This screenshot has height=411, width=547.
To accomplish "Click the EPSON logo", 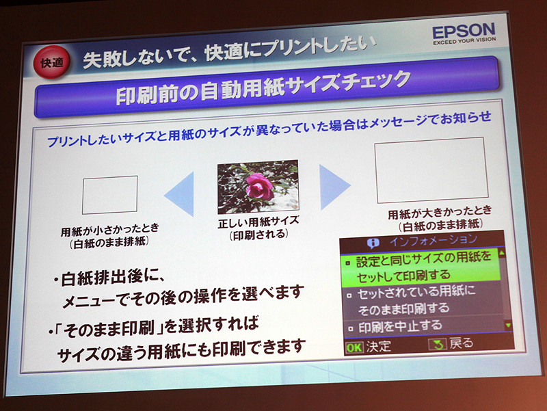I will (x=463, y=30).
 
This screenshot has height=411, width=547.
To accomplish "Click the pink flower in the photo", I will (x=258, y=185).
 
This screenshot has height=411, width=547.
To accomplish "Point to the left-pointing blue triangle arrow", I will (x=179, y=194).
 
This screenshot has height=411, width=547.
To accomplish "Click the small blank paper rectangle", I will (x=109, y=195).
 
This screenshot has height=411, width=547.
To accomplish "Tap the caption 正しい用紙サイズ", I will (x=258, y=223).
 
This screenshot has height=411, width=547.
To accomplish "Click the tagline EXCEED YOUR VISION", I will (x=463, y=41).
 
